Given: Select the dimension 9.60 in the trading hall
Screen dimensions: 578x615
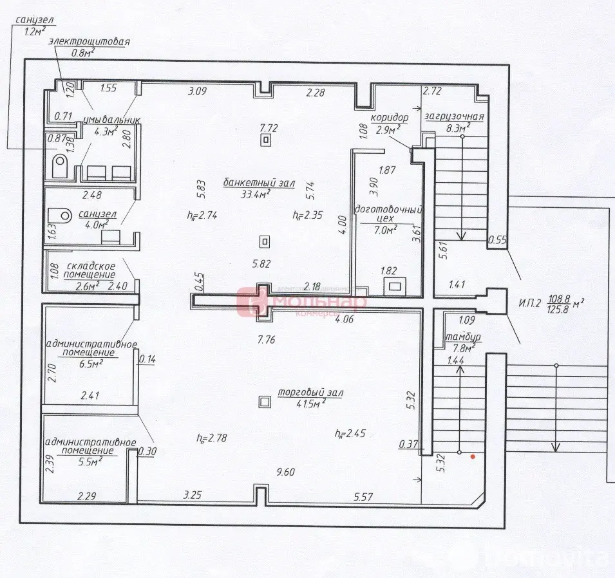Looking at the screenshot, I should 285,472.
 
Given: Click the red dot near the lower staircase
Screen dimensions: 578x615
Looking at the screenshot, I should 473,457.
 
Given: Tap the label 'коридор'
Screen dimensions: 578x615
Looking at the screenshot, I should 390,118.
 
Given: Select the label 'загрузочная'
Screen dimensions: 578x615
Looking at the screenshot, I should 453,117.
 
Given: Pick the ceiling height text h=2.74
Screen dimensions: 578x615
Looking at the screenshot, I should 202,216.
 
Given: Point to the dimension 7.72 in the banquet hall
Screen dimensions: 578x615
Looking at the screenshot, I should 268,128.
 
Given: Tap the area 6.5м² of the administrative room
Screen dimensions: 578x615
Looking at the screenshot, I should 91,363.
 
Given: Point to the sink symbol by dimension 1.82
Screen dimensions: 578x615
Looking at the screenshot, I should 393,285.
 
